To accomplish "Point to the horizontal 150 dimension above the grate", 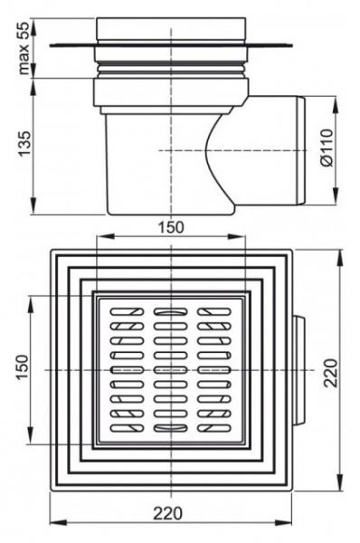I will [x=169, y=226].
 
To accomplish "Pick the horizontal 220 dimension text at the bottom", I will [x=169, y=513].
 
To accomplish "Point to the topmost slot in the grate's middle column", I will [x=169, y=312].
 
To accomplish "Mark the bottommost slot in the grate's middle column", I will [x=169, y=427].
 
